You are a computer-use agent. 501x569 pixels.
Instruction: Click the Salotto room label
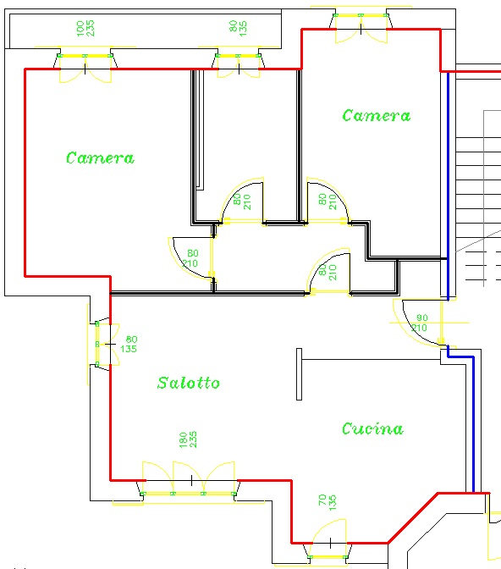point(188,383)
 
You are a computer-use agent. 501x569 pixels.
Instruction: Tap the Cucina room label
point(372,428)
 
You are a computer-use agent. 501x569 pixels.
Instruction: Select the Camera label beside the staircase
point(377,115)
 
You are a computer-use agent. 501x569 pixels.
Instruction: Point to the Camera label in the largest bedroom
point(100,157)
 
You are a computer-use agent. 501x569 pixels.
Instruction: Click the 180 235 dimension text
point(188,439)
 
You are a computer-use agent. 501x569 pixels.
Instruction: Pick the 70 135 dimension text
point(328,503)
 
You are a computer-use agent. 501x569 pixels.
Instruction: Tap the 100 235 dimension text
point(85,28)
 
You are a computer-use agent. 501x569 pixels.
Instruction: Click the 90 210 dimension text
point(420,323)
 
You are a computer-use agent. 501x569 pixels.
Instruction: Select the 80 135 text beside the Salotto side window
point(129,344)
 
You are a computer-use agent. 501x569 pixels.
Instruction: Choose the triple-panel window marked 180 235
point(188,482)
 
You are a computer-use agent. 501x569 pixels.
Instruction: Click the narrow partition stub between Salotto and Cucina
point(299,374)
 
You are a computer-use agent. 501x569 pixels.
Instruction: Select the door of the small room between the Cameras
point(242,202)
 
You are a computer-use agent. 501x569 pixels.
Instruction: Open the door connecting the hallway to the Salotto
point(328,272)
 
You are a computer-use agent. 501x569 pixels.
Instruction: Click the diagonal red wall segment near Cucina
point(412,518)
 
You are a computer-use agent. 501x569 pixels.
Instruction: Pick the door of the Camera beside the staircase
point(328,202)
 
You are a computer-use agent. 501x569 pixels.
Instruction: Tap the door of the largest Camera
point(191,258)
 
